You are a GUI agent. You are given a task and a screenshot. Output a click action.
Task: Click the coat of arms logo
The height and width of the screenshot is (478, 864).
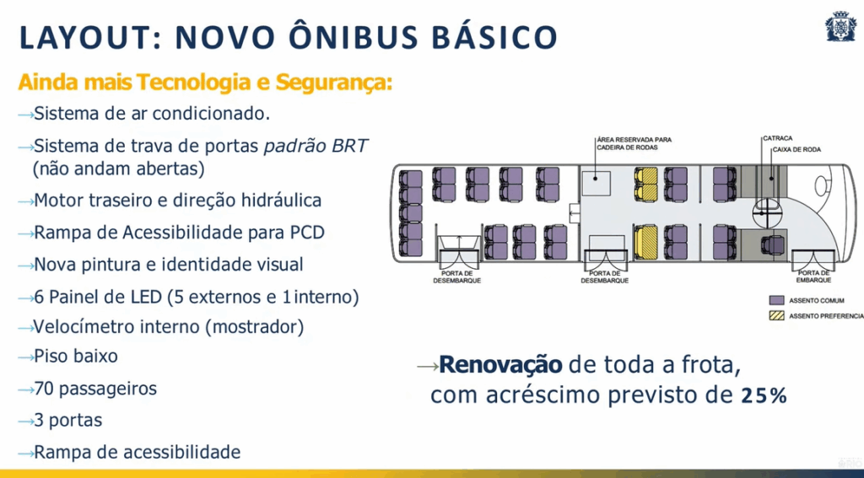[x=841, y=26]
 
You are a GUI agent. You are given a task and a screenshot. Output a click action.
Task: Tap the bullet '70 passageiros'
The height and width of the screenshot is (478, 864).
[x=95, y=389]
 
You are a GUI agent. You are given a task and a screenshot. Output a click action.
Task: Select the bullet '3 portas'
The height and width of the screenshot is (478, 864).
[x=67, y=421]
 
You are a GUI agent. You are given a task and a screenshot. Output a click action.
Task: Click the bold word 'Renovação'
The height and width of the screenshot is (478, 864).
[x=501, y=365]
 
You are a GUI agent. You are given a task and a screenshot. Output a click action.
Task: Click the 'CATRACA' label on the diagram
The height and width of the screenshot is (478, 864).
[x=777, y=139]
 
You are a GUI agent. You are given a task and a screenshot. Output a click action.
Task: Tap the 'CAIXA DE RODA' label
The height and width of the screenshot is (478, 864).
[x=796, y=149]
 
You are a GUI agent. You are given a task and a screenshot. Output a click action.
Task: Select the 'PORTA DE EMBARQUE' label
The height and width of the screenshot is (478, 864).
[x=813, y=277]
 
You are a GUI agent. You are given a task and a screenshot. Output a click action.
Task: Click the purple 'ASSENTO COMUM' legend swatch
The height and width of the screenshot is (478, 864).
[x=776, y=301]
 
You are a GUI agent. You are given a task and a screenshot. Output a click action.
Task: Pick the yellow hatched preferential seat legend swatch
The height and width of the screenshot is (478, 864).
[x=776, y=316]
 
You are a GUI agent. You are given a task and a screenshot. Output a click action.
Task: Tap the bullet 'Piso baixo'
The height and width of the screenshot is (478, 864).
[x=75, y=357]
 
